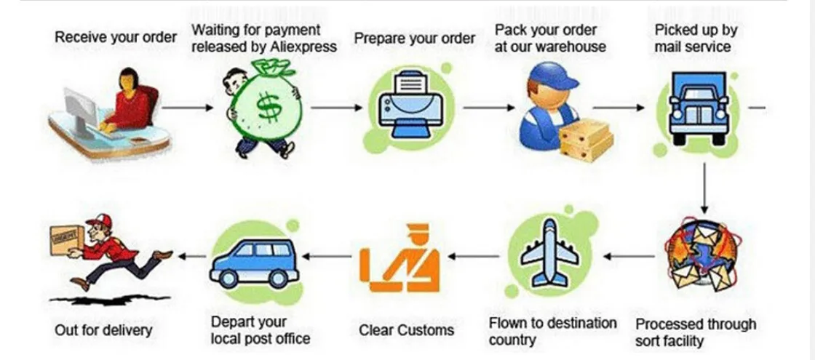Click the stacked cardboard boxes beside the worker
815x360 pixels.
coord(586,139)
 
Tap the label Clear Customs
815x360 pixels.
coord(406,330)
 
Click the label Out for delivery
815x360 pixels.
coord(103,330)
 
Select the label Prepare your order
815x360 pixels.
coord(414,38)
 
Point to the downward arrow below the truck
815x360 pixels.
coord(704,186)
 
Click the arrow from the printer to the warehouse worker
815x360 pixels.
coord(488,108)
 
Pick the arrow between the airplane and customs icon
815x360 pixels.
coord(473,256)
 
